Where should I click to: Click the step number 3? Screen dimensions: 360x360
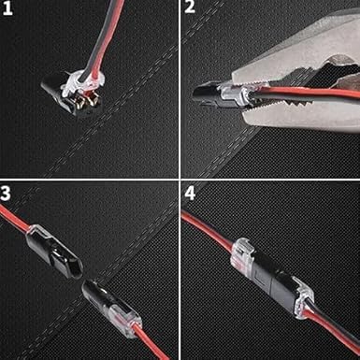(x=9, y=194)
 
